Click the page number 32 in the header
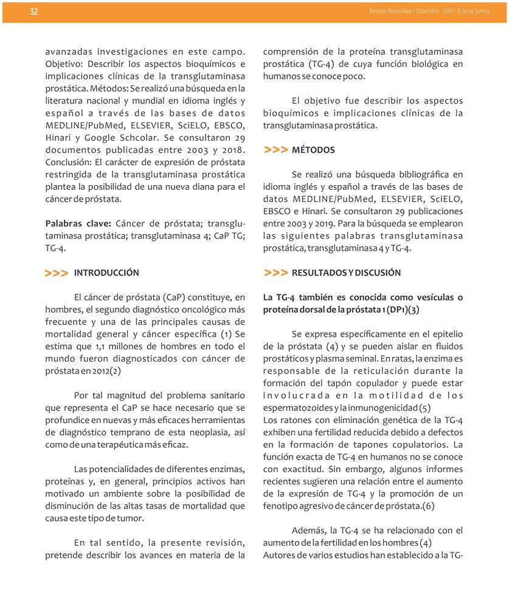33,12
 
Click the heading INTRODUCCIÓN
106,273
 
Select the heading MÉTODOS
313,150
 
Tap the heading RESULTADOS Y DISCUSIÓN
346,273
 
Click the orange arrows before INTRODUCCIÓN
56,273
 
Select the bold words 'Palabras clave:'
78,223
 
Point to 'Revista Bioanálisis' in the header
389,12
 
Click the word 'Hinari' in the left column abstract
60,138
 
